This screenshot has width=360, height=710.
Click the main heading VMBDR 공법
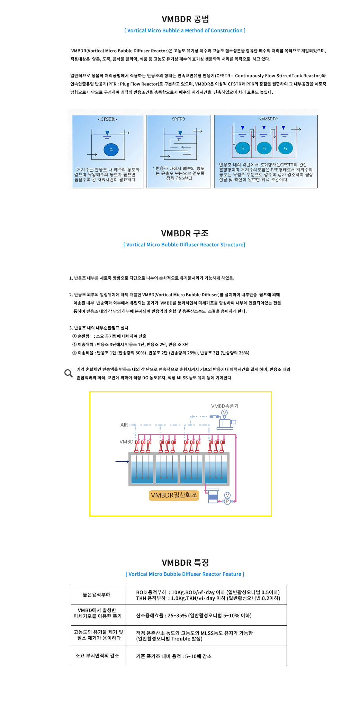[x=185, y=19]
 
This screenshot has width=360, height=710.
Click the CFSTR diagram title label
[x=107, y=119]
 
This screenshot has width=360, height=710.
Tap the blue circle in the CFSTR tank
[x=111, y=150]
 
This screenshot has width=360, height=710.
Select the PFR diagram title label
[x=179, y=119]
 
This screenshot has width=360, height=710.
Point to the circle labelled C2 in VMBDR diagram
[x=264, y=148]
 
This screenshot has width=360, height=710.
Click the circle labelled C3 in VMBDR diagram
[x=286, y=148]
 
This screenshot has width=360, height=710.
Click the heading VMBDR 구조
[x=185, y=233]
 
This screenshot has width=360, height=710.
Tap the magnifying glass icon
[x=69, y=373]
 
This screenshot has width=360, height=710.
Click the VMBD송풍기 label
[x=225, y=406]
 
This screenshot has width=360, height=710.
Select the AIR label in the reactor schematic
[x=124, y=425]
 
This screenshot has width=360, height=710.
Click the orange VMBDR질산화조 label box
[x=174, y=495]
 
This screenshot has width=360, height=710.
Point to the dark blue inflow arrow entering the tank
[x=122, y=462]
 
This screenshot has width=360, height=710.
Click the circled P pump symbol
[x=227, y=501]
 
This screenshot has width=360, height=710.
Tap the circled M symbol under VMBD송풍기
[x=225, y=413]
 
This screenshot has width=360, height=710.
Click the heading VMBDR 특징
[x=185, y=563]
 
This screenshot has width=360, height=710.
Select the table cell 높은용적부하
[x=96, y=595]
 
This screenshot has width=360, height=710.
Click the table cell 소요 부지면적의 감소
[x=97, y=656]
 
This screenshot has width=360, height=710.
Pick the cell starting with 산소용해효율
[x=193, y=616]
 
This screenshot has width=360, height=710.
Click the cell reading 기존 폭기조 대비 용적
[x=173, y=656]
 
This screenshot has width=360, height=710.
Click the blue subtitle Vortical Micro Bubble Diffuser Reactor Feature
[x=185, y=574]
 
